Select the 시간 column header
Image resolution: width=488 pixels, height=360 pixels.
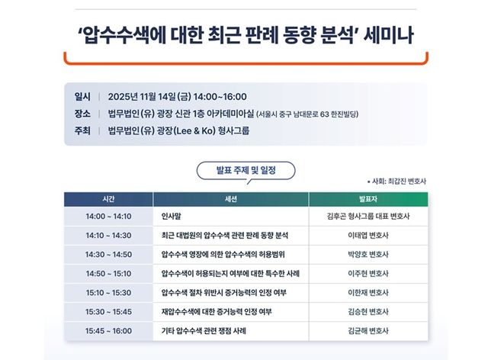pos(109,198)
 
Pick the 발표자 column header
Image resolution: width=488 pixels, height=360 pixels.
pos(368,198)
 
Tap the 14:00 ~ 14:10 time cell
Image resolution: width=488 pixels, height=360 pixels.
pos(109,217)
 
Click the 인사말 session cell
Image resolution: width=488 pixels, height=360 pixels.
pos(173,217)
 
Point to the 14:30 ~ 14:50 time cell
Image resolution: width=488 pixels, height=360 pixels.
pos(109,255)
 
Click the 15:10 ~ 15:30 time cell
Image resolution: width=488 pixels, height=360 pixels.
pos(109,293)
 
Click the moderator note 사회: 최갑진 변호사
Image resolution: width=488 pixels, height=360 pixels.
pos(396,181)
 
